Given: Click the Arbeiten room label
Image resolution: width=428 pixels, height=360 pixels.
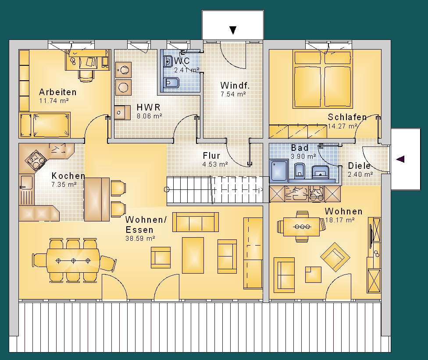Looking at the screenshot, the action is (57, 92).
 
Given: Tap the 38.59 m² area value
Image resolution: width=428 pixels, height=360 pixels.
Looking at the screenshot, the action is (140, 238).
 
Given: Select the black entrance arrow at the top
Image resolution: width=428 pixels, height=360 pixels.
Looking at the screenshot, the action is (233, 30).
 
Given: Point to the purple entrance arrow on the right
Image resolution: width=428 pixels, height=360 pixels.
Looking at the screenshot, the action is (400, 159).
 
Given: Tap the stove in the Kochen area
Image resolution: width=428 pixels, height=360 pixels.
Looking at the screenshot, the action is (36, 160).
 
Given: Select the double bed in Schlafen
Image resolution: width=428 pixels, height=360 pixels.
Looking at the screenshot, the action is (322, 79).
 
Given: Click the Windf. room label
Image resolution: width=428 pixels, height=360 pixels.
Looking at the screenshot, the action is (235, 86).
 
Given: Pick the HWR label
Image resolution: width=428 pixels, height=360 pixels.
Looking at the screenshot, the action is (149, 107).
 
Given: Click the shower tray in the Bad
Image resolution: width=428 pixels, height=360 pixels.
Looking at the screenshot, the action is (279, 171).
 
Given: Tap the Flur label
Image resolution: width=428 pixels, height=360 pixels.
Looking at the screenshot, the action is (211, 156).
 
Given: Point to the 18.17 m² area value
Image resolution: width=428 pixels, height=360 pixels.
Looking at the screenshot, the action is (339, 220).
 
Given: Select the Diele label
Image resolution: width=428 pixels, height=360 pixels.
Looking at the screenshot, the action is (359, 166).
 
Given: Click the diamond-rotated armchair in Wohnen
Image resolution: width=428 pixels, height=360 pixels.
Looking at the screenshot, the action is (335, 257).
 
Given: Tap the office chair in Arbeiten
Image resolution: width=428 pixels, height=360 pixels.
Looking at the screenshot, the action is (86, 75).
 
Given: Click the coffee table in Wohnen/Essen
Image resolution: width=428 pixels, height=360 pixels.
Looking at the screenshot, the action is (193, 255).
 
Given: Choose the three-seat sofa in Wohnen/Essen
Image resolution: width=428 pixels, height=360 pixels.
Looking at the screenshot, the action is (196, 222).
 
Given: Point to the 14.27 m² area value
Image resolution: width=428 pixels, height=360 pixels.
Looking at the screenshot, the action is (342, 126).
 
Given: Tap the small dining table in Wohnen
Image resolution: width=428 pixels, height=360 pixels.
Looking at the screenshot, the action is (301, 227).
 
